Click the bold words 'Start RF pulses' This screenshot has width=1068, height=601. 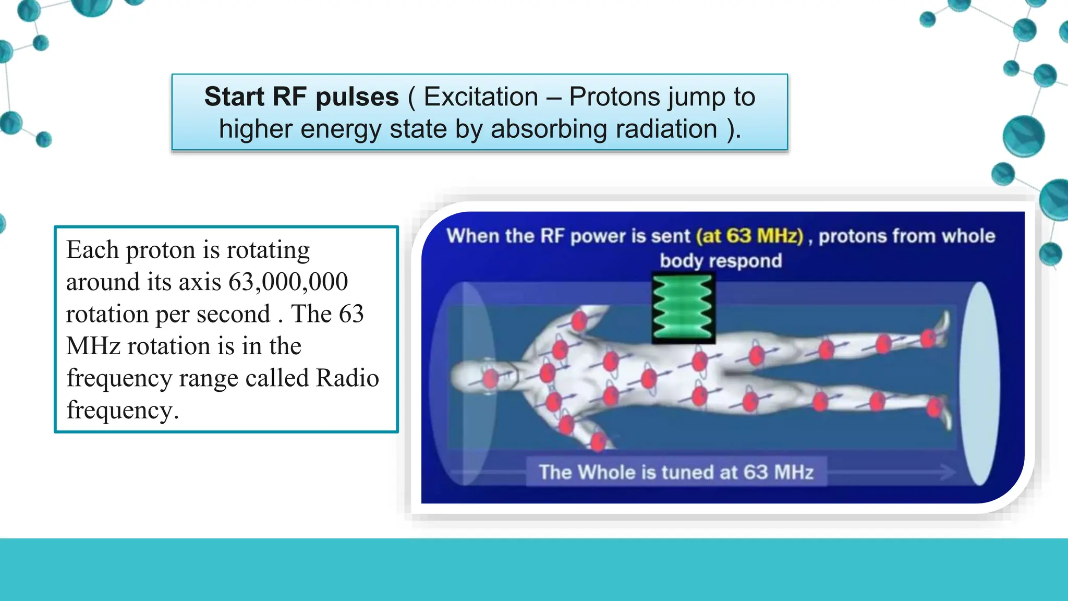click(301, 97)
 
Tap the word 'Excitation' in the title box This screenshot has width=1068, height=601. click(480, 97)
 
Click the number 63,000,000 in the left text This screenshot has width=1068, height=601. click(288, 282)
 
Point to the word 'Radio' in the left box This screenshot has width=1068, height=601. click(347, 378)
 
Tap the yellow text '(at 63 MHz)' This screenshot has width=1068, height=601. click(749, 236)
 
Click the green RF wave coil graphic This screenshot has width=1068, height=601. click(683, 308)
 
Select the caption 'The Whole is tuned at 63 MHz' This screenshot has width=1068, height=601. click(676, 472)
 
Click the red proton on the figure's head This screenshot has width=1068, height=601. click(490, 378)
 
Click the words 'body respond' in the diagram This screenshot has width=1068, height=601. click(721, 260)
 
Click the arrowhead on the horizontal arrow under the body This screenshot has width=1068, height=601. click(948, 472)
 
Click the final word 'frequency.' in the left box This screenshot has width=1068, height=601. click(123, 410)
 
